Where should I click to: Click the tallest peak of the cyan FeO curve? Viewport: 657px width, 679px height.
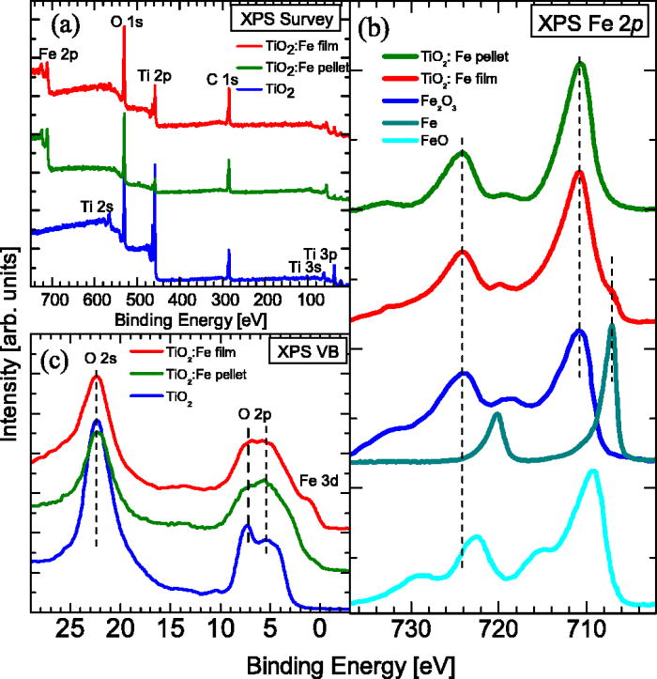[x=592, y=471]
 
